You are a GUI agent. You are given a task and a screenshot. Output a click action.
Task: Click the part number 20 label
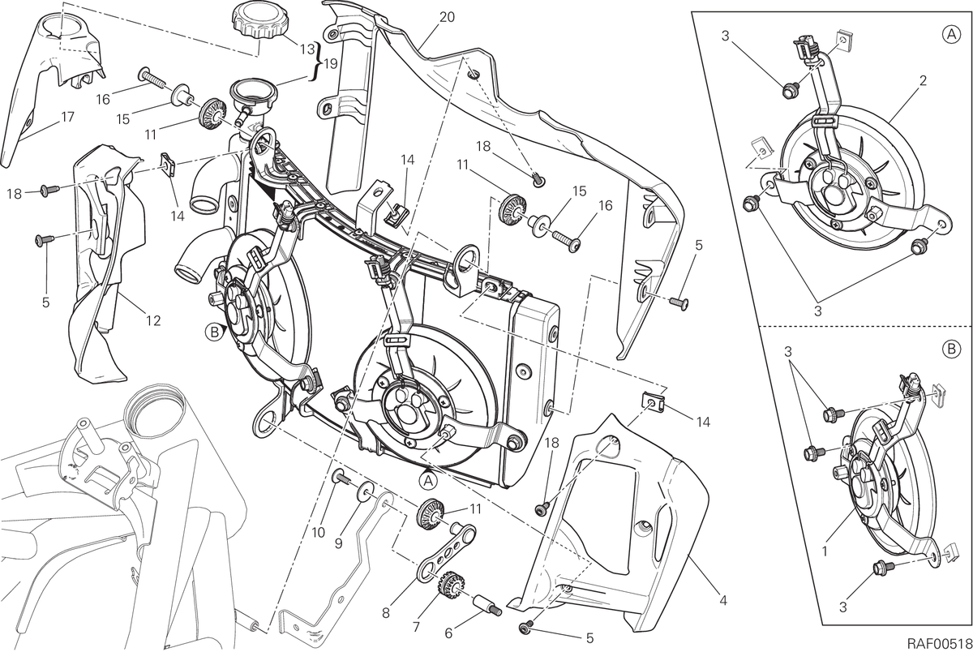(447, 17)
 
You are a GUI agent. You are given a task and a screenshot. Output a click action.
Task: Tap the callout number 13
(307, 49)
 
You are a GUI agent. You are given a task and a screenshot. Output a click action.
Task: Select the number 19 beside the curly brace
(330, 64)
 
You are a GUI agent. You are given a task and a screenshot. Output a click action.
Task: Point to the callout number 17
(68, 117)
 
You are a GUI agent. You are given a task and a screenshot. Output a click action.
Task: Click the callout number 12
(153, 320)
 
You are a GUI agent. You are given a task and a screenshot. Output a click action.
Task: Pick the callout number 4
(722, 601)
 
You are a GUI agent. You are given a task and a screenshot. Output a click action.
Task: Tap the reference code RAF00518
(940, 642)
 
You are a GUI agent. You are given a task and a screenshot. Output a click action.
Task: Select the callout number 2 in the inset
(923, 80)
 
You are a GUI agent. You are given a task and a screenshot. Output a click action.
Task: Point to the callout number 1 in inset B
(825, 551)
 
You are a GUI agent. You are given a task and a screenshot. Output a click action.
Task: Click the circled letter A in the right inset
(951, 34)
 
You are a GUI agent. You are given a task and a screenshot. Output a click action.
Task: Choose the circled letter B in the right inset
(951, 350)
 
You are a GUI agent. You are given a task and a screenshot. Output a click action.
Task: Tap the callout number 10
(319, 533)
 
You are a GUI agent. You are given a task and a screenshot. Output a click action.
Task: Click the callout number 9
(339, 544)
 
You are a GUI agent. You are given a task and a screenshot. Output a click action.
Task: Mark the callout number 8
(386, 613)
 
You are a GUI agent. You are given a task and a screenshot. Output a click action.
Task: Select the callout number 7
(416, 627)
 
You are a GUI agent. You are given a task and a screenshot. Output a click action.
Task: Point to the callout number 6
(448, 634)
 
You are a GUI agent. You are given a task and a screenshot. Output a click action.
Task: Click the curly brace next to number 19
(318, 62)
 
